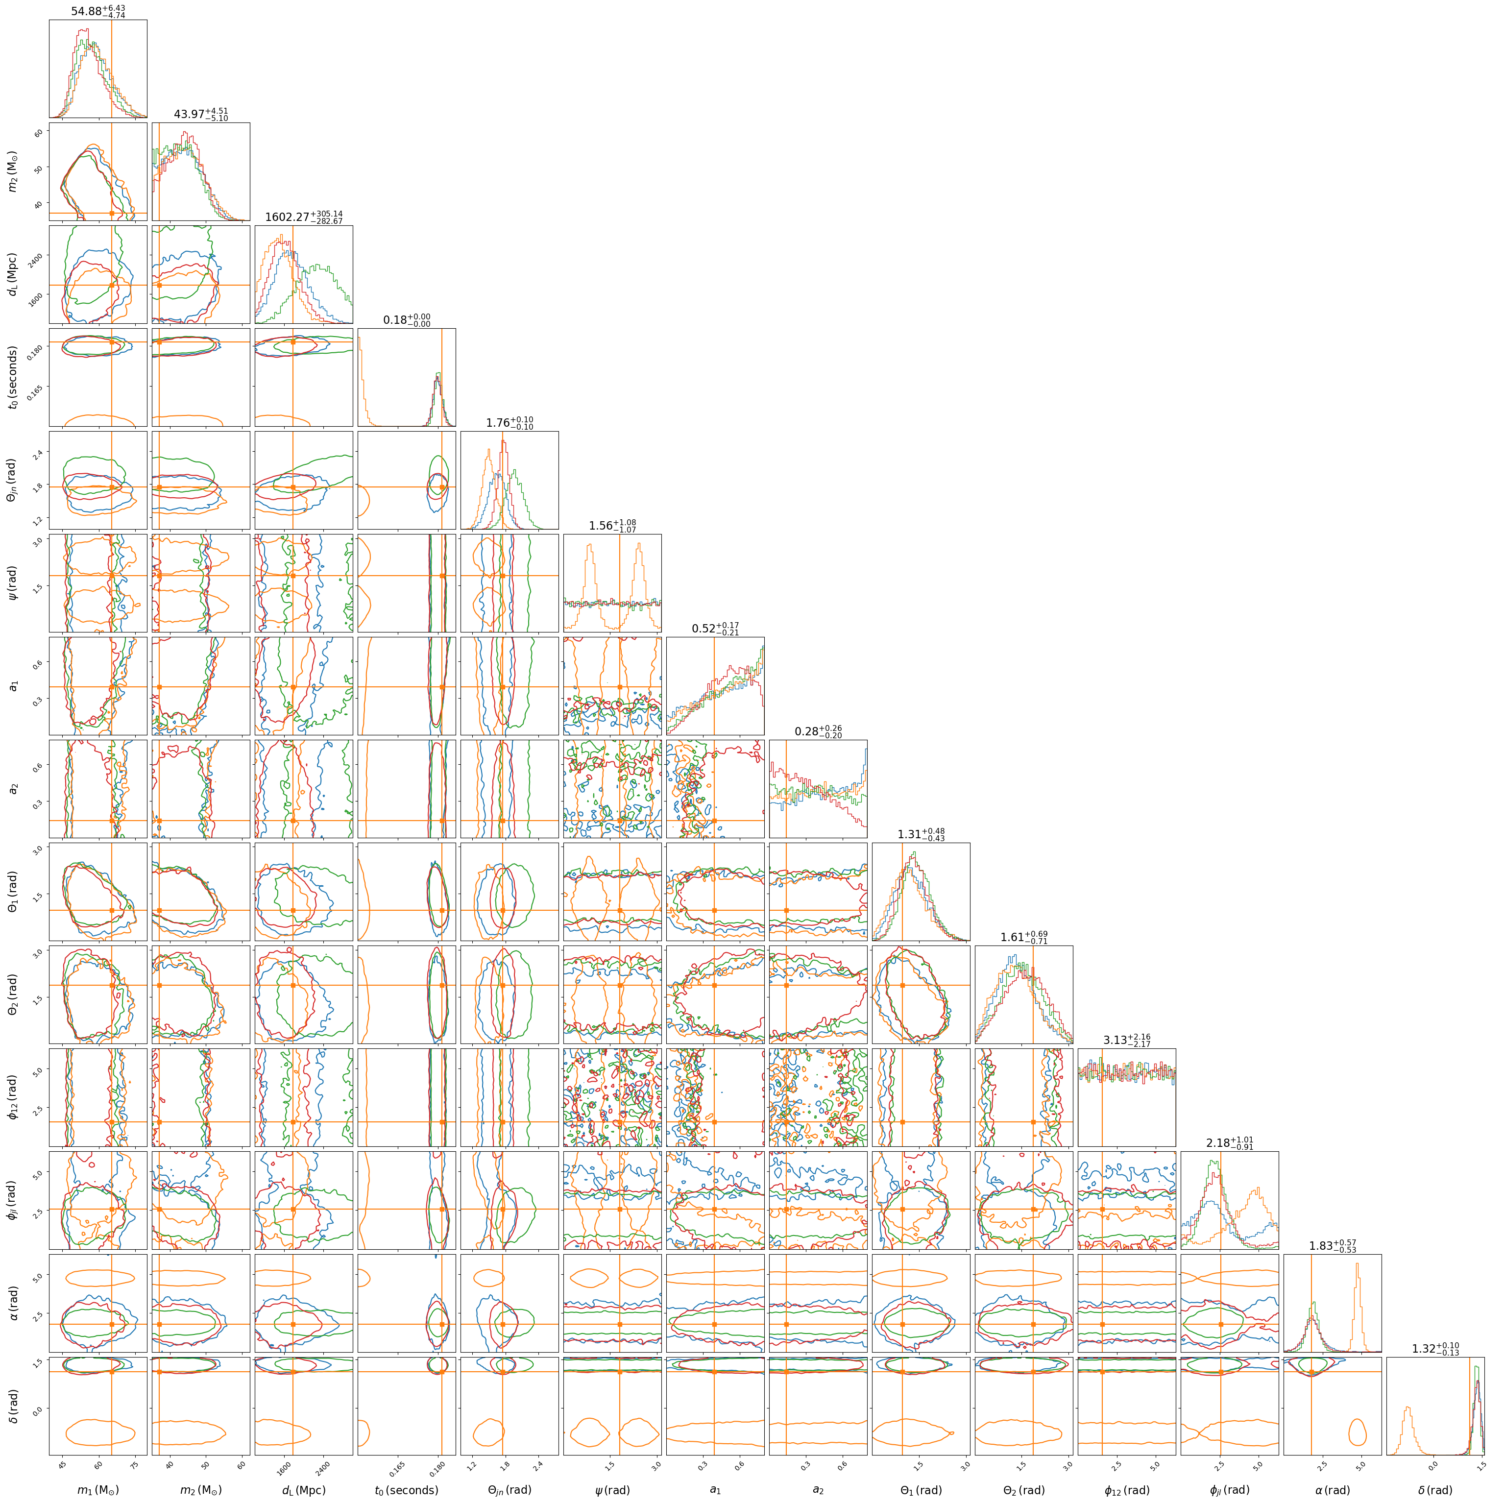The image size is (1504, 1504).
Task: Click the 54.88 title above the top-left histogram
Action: (98, 11)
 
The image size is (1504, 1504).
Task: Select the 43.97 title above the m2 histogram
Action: (201, 115)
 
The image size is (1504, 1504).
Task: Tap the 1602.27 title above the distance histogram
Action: (304, 217)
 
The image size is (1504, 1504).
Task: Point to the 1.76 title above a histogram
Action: (510, 423)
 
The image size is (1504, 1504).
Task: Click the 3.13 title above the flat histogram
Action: (1126, 1040)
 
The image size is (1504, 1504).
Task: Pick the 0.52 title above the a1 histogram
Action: (715, 628)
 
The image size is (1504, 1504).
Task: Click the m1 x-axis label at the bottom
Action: (98, 1490)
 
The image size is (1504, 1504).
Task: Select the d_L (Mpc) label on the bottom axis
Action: (304, 1490)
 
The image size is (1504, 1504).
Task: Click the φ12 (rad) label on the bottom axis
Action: (1126, 1490)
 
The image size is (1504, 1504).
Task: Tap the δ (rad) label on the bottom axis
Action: (1435, 1490)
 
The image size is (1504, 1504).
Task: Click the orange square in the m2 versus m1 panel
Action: (112, 213)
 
